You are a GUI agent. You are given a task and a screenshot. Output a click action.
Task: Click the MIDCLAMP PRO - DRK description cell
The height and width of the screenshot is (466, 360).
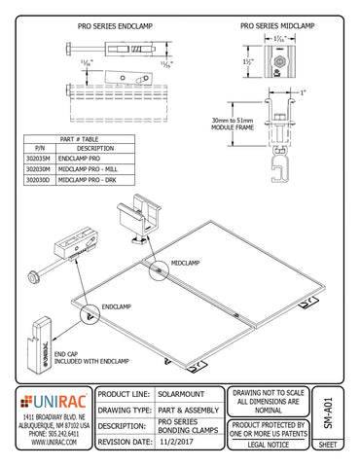click(x=90, y=180)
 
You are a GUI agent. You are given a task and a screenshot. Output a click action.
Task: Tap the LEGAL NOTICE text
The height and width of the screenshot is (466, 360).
click(x=269, y=443)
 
